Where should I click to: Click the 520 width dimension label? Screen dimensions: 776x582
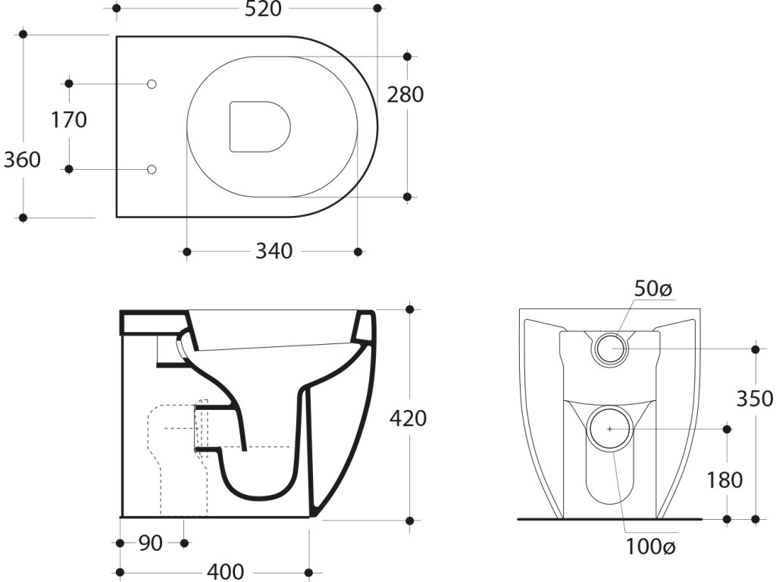(x=262, y=9)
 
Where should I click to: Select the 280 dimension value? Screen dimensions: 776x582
(x=405, y=95)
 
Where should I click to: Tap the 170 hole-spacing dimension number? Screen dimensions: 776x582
(x=69, y=120)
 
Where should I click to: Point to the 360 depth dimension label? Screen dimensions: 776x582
(x=23, y=160)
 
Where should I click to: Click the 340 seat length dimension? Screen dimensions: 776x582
(x=274, y=251)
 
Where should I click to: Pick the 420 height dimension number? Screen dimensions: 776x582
(x=408, y=418)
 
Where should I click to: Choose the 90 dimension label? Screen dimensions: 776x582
(x=151, y=543)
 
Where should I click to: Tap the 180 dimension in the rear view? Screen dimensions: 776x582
(x=725, y=480)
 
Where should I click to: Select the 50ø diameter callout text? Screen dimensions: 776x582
(x=653, y=289)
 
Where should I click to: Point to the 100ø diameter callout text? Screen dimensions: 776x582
(x=649, y=545)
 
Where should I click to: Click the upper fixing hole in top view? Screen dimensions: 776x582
(x=151, y=83)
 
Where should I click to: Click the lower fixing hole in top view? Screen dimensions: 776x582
(x=151, y=169)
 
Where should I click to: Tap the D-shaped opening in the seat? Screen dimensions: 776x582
(x=260, y=126)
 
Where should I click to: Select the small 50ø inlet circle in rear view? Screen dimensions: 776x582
(x=611, y=348)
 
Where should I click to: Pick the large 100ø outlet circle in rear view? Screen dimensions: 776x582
(x=610, y=428)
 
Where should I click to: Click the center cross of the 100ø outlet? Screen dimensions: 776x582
(x=610, y=428)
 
